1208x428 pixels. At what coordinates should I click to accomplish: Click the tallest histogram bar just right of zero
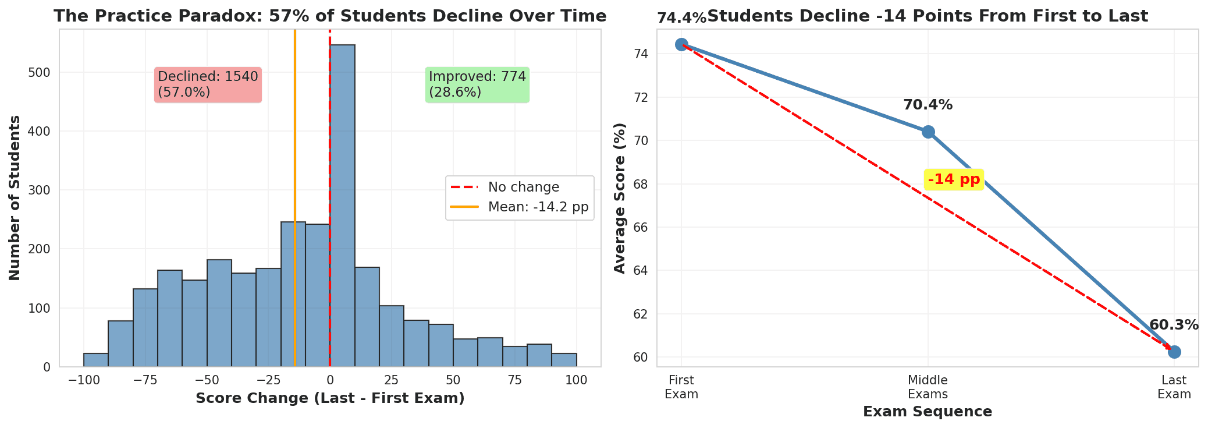pyautogui.click(x=342, y=204)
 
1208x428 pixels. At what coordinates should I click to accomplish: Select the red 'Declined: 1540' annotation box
pyautogui.click(x=208, y=84)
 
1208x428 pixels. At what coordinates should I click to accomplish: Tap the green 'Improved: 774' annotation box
pyautogui.click(x=477, y=84)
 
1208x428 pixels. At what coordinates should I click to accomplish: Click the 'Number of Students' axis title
pyautogui.click(x=16, y=198)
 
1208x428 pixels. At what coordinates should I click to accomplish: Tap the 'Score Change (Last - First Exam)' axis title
pyautogui.click(x=330, y=399)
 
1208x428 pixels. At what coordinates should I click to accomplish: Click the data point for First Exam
pyautogui.click(x=681, y=44)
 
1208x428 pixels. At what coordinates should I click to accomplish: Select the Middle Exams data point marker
pyautogui.click(x=928, y=132)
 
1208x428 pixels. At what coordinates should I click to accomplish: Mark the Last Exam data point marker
pyautogui.click(x=1174, y=352)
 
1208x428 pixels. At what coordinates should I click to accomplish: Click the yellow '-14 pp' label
pyautogui.click(x=954, y=179)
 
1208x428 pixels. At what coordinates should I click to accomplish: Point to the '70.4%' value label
pyautogui.click(x=928, y=105)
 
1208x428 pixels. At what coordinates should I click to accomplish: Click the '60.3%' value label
pyautogui.click(x=1174, y=326)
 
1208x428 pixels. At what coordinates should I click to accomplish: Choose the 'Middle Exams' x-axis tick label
pyautogui.click(x=928, y=387)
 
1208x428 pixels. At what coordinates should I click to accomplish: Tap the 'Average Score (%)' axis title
pyautogui.click(x=620, y=198)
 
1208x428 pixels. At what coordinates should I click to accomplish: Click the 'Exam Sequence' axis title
pyautogui.click(x=928, y=412)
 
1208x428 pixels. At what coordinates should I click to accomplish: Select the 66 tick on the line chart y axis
pyautogui.click(x=642, y=228)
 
